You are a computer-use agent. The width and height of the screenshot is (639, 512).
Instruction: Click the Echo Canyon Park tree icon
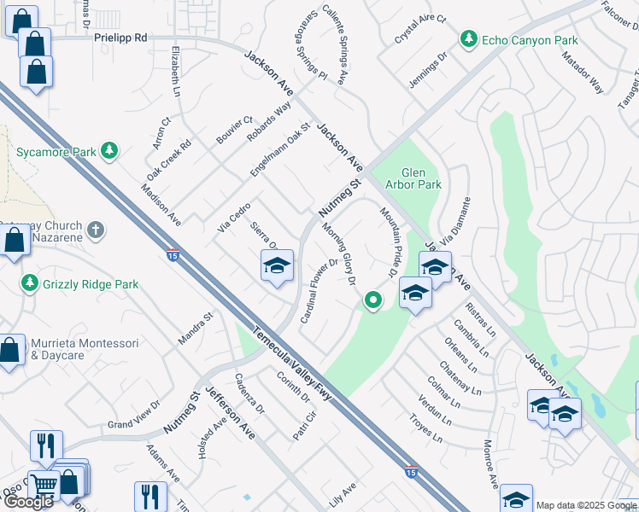point(468,39)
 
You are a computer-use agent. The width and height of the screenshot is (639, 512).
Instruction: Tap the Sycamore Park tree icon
point(108,152)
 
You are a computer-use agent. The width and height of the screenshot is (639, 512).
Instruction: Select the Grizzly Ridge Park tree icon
point(30,282)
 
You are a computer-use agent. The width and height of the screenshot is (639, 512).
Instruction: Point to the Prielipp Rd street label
point(120,38)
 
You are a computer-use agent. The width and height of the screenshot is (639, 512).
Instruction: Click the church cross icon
point(96,229)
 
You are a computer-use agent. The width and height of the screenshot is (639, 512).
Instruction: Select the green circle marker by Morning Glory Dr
point(372,300)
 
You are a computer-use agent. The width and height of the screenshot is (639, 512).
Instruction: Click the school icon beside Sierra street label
point(277,268)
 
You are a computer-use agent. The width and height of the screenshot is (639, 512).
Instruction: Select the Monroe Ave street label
point(490,465)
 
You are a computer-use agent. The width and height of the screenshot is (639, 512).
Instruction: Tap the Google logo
point(28,502)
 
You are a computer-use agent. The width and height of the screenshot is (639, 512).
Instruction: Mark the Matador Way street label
point(583,74)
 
